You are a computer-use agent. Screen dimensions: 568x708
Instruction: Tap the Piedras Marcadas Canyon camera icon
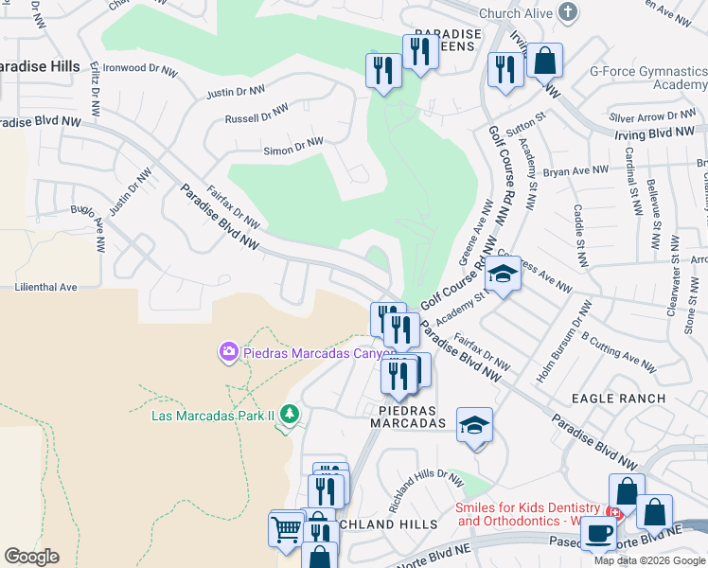point(228,353)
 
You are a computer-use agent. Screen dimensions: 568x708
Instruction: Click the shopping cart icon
point(286,530)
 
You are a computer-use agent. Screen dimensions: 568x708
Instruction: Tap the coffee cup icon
point(597,534)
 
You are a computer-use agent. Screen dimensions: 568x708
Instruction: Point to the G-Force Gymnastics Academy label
point(647,77)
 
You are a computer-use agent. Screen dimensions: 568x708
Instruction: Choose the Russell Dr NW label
point(256,114)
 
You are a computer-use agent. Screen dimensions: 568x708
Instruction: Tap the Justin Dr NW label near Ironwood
point(235,91)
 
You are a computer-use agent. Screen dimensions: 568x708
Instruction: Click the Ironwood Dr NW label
point(139,69)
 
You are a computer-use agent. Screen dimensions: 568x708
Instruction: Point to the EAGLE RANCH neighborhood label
point(624,399)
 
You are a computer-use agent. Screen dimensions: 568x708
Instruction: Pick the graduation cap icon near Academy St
point(504,275)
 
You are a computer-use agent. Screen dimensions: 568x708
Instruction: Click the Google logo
point(31,557)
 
